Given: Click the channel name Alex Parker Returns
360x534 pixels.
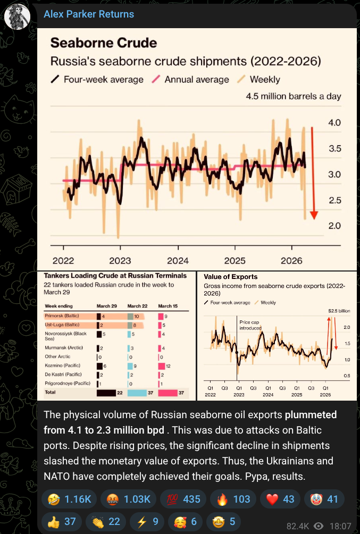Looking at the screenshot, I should click(88, 14).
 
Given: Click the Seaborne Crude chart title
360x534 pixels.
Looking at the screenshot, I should click(103, 44).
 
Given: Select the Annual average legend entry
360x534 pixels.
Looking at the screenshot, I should click(196, 79).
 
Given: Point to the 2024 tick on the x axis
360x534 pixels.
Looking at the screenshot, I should click(178, 260).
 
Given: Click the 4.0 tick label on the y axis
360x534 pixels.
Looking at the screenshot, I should click(334, 123).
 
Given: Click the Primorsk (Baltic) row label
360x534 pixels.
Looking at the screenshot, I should click(63, 315).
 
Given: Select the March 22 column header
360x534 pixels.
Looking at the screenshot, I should click(138, 306).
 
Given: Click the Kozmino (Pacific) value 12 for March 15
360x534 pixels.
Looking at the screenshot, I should click(169, 366).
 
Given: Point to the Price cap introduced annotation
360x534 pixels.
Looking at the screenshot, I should click(250, 325).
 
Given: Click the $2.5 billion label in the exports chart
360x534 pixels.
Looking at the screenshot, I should click(336, 310).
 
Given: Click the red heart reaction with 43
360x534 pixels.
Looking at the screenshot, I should click(279, 499).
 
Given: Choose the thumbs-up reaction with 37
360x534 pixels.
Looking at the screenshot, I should click(63, 521).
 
